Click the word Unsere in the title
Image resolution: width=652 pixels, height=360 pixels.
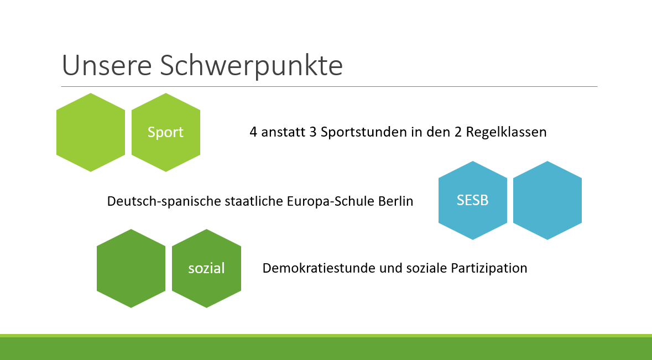pos(107,65)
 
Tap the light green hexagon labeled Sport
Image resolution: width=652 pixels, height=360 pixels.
pos(166,132)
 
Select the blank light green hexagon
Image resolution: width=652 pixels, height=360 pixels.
pos(91,132)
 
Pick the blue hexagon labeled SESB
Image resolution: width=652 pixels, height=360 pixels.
pos(473,200)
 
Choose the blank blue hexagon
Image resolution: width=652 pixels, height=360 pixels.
pos(547,200)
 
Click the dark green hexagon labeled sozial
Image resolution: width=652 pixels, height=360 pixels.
pos(206,269)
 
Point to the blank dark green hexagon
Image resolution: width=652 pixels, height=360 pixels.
pos(131,269)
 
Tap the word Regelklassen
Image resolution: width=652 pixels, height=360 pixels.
pos(506,132)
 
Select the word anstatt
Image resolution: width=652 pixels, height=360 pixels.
pos(283,132)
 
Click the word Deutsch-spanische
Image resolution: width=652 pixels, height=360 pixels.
pos(164,201)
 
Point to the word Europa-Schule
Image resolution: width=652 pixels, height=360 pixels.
pos(331,201)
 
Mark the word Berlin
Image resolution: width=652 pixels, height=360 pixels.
pos(396,201)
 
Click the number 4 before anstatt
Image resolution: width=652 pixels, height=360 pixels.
pos(253,132)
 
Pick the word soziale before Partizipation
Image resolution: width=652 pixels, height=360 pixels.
pos(426,268)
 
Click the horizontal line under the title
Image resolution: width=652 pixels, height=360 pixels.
pos(330,86)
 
